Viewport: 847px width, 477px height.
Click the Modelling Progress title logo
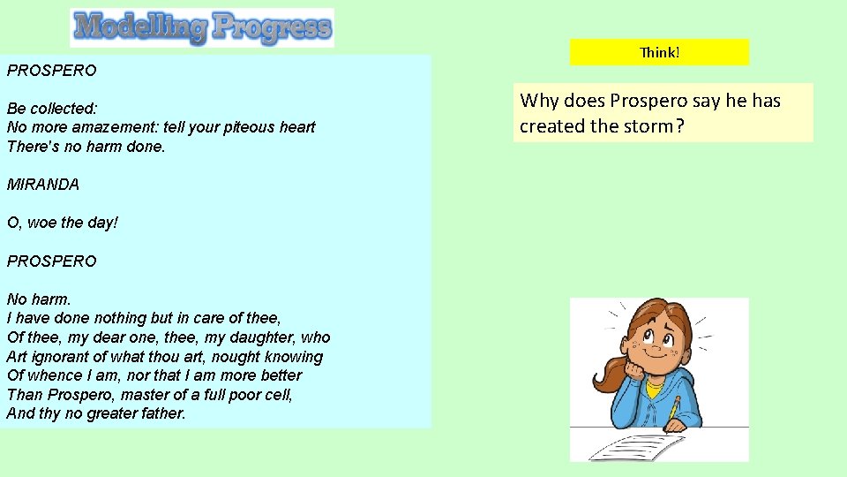202,27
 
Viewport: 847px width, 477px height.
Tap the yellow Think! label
659,52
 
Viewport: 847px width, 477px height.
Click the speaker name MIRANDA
43,185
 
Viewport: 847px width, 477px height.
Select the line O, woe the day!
63,223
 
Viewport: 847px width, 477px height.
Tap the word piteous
259,127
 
